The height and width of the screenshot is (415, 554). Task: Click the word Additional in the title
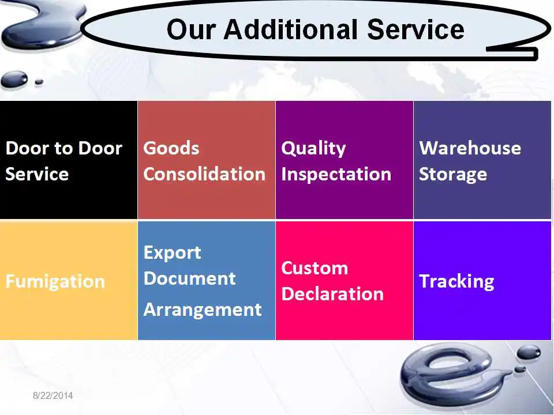[291, 29]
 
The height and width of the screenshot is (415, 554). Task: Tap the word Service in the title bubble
[415, 29]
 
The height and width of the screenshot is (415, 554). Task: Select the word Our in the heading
[191, 29]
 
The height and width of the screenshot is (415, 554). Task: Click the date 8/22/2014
[53, 395]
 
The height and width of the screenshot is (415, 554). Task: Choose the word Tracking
[456, 282]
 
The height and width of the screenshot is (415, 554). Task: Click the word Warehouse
[470, 148]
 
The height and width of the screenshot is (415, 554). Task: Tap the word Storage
[453, 175]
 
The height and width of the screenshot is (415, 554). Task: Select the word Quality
[313, 149]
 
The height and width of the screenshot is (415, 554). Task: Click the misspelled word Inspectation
[336, 174]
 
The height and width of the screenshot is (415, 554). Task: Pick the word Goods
[171, 148]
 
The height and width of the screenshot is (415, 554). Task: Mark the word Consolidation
[204, 174]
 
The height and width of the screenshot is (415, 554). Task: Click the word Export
[173, 253]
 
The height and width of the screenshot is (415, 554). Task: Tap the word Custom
[315, 268]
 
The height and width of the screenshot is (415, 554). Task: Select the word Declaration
[332, 293]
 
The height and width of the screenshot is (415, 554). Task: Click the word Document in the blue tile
[189, 278]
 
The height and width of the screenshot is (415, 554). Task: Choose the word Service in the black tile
[37, 174]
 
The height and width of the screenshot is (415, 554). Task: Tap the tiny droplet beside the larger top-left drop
[39, 82]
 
